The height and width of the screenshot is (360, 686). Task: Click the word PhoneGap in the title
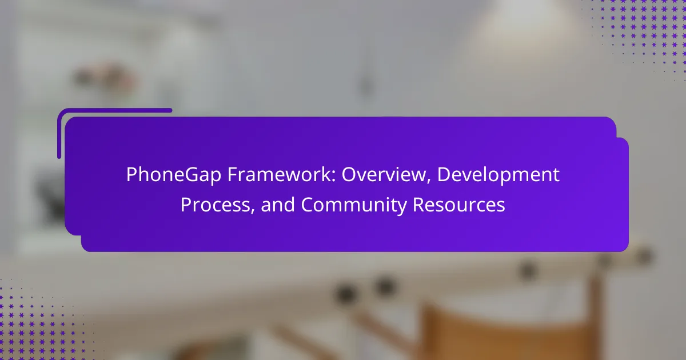coord(174,175)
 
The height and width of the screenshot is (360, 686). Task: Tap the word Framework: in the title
coord(281,174)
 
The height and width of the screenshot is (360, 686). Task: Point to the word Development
coord(498,175)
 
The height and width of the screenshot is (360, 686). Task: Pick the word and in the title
coord(278,205)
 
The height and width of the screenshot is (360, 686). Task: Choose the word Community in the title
coord(354,205)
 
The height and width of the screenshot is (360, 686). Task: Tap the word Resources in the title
coord(458,205)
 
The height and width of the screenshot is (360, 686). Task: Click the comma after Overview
coord(428,181)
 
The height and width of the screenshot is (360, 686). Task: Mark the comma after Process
coord(253,211)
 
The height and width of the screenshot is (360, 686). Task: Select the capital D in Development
coord(444,174)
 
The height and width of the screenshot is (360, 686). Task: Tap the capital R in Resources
coord(419,205)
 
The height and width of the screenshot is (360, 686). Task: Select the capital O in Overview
coord(349,174)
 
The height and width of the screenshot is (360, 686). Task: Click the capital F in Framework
coord(233,174)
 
